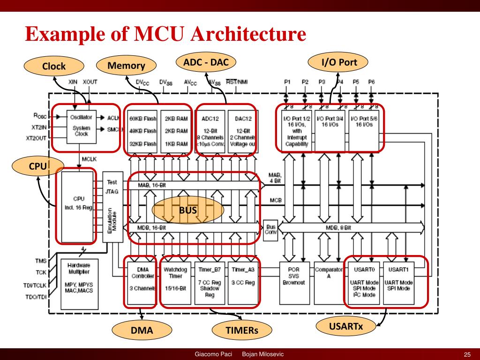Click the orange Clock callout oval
pyautogui.click(x=54, y=66)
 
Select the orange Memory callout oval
pyautogui.click(x=126, y=65)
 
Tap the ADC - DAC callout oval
pyautogui.click(x=206, y=62)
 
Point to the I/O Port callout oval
pyautogui.click(x=338, y=62)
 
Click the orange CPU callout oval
pyautogui.click(x=37, y=166)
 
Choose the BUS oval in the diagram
pyautogui.click(x=187, y=210)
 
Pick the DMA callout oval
pyautogui.click(x=142, y=331)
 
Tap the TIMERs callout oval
pyautogui.click(x=242, y=331)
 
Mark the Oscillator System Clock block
pyautogui.click(x=81, y=127)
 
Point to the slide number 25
pyautogui.click(x=467, y=354)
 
